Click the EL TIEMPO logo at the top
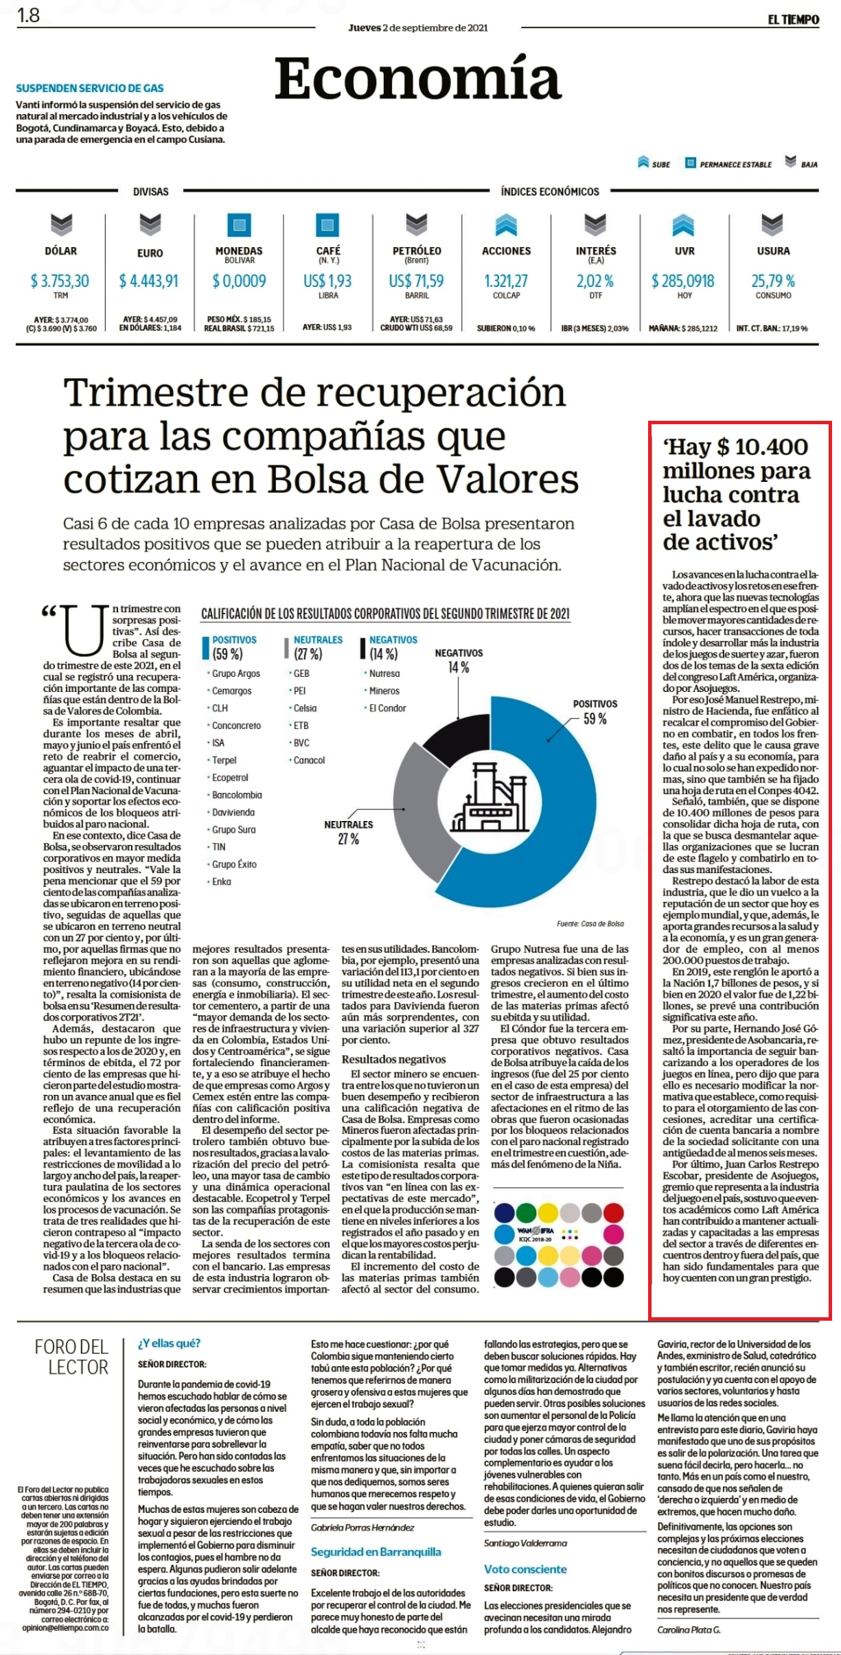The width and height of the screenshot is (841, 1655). pyautogui.click(x=793, y=19)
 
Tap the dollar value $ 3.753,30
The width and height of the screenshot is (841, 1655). pyautogui.click(x=60, y=281)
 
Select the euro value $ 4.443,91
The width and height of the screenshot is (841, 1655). pyautogui.click(x=149, y=281)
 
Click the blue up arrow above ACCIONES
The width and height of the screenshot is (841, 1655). pyautogui.click(x=506, y=224)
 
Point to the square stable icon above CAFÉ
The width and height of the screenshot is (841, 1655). pyautogui.click(x=327, y=224)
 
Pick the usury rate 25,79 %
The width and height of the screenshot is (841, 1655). pyautogui.click(x=773, y=281)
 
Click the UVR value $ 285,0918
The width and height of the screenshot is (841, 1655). pyautogui.click(x=683, y=281)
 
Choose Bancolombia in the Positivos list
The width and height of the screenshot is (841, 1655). pyautogui.click(x=237, y=795)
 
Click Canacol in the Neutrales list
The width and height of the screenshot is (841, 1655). pyautogui.click(x=309, y=760)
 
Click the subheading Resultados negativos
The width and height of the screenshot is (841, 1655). pyautogui.click(x=394, y=1060)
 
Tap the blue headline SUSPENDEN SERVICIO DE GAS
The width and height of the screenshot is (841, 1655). pyautogui.click(x=90, y=88)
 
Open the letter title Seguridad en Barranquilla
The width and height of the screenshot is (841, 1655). pyautogui.click(x=376, y=1551)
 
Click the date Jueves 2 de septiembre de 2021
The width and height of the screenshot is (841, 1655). pyautogui.click(x=418, y=27)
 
